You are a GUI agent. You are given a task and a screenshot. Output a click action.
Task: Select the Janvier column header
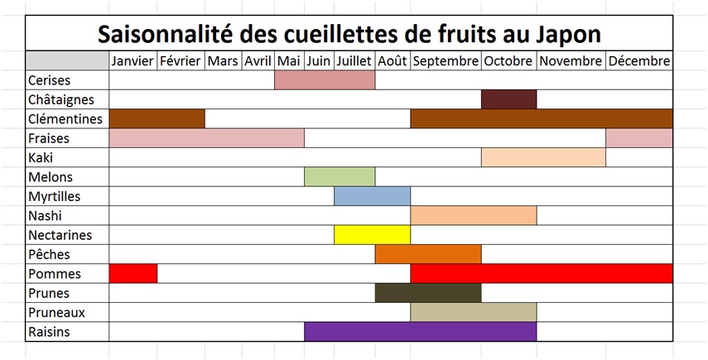pos(132,61)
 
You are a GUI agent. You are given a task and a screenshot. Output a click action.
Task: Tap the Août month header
pos(393,61)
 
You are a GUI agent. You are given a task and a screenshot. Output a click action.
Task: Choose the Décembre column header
pos(638,61)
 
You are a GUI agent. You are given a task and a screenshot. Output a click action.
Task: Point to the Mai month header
pos(289,61)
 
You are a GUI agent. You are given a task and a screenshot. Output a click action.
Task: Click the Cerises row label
pos(49,80)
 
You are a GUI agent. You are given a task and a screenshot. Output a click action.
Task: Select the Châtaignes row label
pos(60,99)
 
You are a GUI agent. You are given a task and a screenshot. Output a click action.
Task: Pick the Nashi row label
pos(45,215)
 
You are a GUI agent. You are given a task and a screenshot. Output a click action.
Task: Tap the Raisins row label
pos(49,332)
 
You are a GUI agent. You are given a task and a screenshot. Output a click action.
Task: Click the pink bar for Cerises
pos(324,80)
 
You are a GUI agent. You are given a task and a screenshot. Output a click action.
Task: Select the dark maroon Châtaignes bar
pos(508,99)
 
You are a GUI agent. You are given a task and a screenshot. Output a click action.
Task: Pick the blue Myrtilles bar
pos(372,196)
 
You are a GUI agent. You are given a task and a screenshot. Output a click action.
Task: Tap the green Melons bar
pos(340,177)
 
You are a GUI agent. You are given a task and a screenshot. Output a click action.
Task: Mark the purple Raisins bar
pos(420,332)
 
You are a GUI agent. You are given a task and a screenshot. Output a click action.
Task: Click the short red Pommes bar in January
pos(132,273)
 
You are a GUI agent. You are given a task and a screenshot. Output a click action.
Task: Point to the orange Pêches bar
pos(427,254)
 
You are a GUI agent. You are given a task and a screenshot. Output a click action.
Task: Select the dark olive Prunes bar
pos(427,293)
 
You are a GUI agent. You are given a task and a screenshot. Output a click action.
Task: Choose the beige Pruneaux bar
pos(473,312)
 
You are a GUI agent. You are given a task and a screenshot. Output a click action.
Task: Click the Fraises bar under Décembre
pos(638,138)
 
